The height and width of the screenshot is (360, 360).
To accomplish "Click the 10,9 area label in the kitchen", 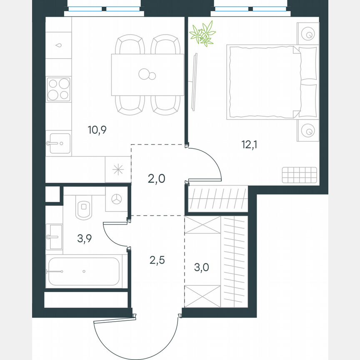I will pos(97,130).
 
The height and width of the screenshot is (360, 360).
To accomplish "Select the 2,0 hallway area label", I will pos(157,179).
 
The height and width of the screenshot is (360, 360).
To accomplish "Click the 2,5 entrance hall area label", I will pos(157,260).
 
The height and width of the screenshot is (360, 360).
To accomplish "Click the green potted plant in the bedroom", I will pos(202,34).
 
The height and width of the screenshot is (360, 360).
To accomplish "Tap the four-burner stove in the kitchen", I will pos(58,89).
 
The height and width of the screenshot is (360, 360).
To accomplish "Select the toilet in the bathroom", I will pos(84,207).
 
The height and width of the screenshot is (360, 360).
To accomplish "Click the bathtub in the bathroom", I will pos(84,271).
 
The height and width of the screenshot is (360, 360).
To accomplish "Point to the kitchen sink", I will pos(58,143).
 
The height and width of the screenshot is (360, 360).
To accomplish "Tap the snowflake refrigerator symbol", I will pos(117,170).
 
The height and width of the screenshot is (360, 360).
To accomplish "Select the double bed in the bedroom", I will pos(271,81).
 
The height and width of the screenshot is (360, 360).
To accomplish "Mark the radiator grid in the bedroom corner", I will pos(299,175).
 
